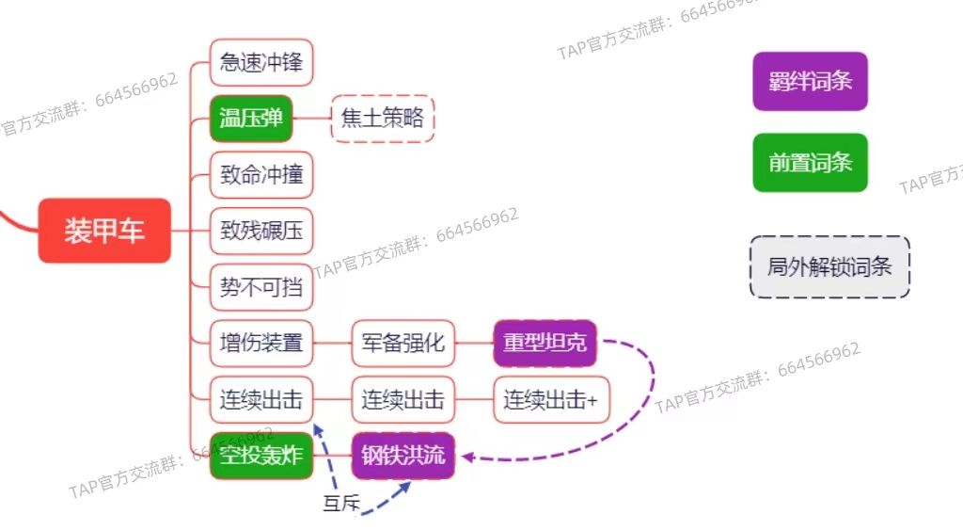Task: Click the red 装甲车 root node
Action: pyautogui.click(x=104, y=231)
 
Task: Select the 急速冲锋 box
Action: pyautogui.click(x=260, y=63)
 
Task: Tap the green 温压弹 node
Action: pyautogui.click(x=251, y=119)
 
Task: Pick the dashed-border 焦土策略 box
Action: pyautogui.click(x=383, y=119)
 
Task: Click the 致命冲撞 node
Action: pyautogui.click(x=260, y=175)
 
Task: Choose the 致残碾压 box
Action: pyautogui.click(x=260, y=231)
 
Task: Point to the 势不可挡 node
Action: pyautogui.click(x=260, y=287)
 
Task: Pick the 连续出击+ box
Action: pyautogui.click(x=550, y=400)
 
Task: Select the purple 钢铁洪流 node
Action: pyautogui.click(x=403, y=457)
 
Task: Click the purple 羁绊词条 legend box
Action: pyautogui.click(x=810, y=81)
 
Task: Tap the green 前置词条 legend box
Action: pyautogui.click(x=810, y=163)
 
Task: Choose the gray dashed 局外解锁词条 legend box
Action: pyautogui.click(x=829, y=267)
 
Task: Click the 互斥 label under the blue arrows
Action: pyautogui.click(x=341, y=505)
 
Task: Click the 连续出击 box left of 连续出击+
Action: pyautogui.click(x=403, y=400)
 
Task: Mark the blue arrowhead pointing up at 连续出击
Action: pyautogui.click(x=318, y=429)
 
